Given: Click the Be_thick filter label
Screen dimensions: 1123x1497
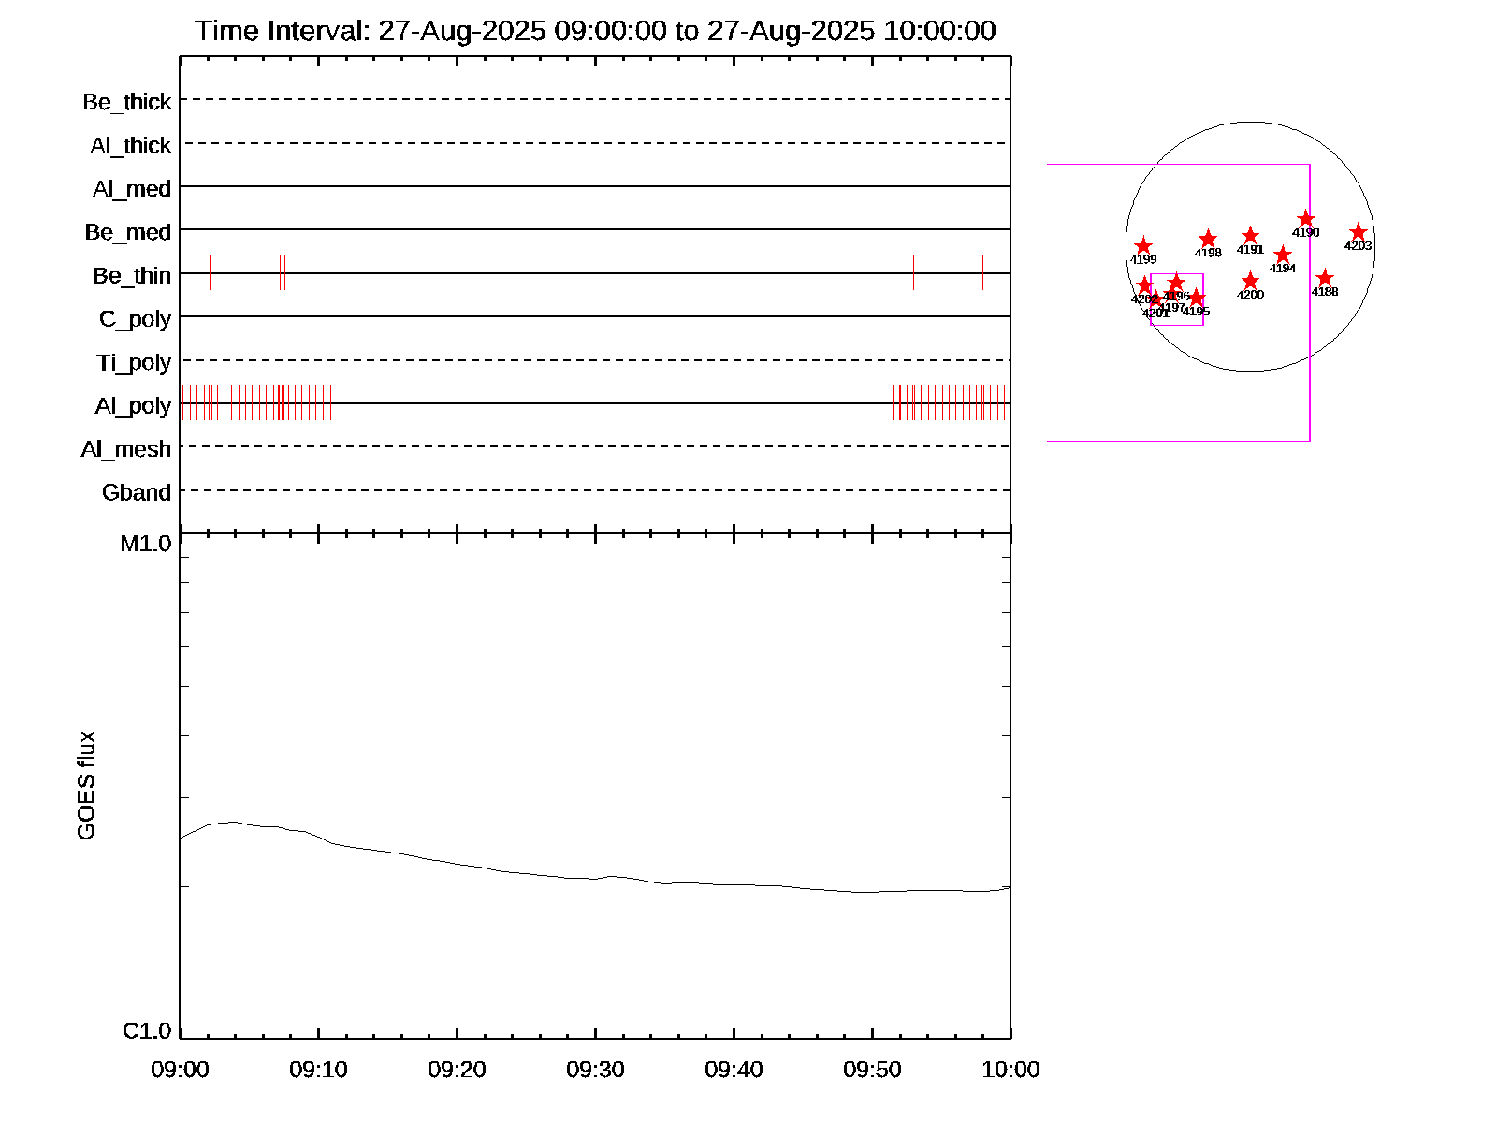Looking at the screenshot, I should tap(127, 102).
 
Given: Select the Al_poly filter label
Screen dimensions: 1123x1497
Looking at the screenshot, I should tap(133, 406).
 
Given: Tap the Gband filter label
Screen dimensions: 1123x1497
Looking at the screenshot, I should tap(137, 493).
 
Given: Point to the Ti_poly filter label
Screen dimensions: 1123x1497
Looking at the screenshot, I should tap(134, 363).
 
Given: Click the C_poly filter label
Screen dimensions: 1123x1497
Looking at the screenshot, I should tap(135, 319).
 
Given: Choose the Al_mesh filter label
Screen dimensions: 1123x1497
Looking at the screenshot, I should tap(126, 450).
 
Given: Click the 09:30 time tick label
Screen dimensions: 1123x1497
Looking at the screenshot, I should tap(595, 1070).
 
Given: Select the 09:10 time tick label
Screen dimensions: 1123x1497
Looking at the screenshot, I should tap(318, 1070).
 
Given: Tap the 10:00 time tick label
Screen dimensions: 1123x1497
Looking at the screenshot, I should tap(1010, 1070).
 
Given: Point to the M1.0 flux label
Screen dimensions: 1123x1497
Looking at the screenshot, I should tap(146, 544).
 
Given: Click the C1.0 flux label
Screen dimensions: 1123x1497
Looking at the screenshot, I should tap(147, 1031).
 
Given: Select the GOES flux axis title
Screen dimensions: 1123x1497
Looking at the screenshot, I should tap(86, 785).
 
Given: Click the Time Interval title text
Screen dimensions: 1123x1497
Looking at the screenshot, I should tap(595, 31).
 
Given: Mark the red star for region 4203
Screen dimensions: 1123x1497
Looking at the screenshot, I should tap(1359, 232).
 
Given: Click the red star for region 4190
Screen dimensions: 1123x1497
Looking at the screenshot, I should tap(1306, 219).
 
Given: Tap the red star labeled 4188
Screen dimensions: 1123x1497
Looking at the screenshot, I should tap(1325, 278).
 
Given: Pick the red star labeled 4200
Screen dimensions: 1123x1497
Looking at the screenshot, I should tap(1251, 281).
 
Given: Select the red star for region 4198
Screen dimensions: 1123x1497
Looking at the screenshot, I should tap(1208, 239).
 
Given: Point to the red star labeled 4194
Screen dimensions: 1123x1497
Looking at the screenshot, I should tap(1283, 255).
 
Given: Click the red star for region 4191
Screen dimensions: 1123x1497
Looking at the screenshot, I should tap(1250, 236).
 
